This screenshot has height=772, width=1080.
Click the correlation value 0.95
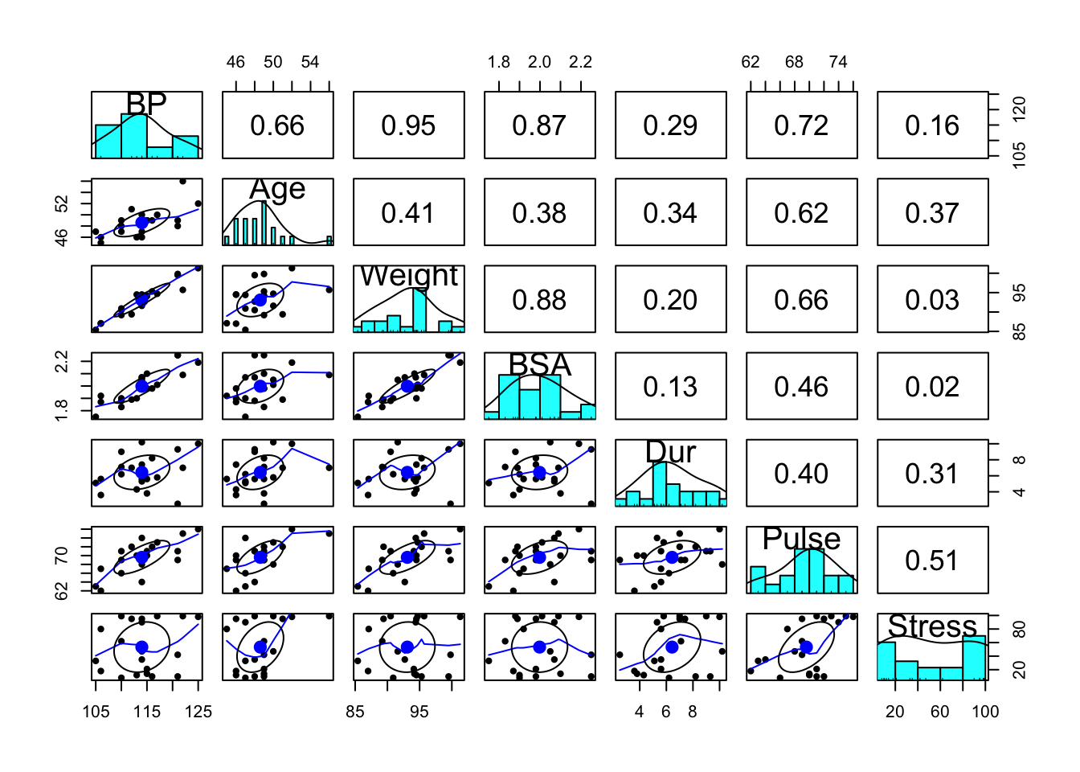coord(408,125)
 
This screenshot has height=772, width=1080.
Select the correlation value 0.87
coord(539,125)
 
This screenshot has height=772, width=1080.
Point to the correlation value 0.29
coord(670,125)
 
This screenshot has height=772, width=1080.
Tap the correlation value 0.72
coord(801,125)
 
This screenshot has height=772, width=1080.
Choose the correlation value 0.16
coord(932,125)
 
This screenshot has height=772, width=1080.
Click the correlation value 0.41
coord(408,213)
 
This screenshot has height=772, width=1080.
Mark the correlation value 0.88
coord(539,300)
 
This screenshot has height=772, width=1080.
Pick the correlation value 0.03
coord(932,300)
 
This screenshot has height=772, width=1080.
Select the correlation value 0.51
coord(932,561)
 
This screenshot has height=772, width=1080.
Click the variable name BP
coord(146,104)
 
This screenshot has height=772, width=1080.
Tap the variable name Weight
coord(408,276)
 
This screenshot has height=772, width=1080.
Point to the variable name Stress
coord(932,626)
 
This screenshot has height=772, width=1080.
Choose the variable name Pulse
coord(801,539)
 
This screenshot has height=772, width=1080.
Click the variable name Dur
coord(670,452)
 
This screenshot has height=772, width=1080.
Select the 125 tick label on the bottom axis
coord(198,712)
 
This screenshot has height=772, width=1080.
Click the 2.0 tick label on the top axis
coord(539,62)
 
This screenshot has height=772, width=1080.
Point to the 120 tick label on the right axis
coord(1019,107)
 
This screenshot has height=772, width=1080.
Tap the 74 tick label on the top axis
coord(838,62)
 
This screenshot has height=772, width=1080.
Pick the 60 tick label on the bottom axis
coord(939,712)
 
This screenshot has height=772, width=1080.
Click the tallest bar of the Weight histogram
coord(419,310)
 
